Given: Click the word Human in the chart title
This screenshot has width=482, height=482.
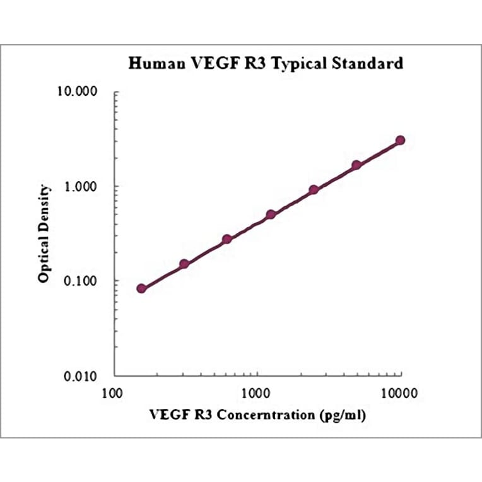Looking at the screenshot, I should point(155,64).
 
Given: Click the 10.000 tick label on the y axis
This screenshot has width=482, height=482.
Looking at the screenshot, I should point(84,92).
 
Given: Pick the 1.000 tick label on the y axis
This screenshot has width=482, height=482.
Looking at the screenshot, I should point(87,187).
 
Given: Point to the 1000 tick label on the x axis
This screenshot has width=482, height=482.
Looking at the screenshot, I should point(257,394).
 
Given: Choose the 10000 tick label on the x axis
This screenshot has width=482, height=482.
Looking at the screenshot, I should point(399,394).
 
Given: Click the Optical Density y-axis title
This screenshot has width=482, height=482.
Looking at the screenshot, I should point(44,233).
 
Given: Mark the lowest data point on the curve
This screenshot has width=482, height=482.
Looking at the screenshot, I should point(141,288).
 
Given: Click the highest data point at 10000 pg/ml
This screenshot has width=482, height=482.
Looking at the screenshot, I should point(400,140).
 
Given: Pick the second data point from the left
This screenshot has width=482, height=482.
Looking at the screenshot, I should point(184,264).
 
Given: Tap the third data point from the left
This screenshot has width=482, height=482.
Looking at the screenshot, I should point(227,239).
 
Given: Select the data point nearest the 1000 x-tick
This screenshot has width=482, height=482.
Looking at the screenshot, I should point(271,215).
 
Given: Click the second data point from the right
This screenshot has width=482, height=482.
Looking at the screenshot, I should point(356,165).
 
